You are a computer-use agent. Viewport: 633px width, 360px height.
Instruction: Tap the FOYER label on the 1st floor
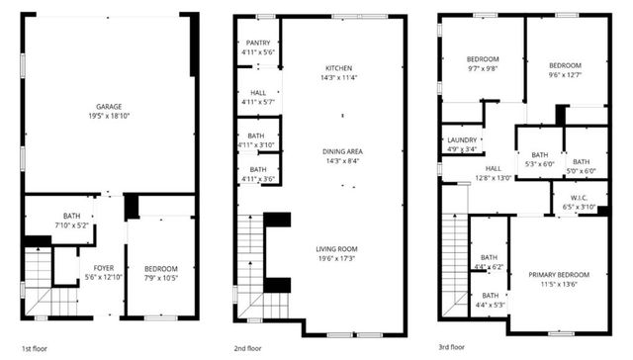click(104, 269)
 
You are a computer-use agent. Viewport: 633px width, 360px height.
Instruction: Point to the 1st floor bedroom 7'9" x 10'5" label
click(160, 269)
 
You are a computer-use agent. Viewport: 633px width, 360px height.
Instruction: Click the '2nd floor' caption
click(247, 348)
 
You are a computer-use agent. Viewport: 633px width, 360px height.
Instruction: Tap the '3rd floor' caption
click(453, 348)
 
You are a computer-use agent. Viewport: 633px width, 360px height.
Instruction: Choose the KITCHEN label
click(339, 68)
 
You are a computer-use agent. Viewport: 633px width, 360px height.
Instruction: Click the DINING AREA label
click(342, 151)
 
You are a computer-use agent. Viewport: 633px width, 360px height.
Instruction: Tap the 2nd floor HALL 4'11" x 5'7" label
click(257, 95)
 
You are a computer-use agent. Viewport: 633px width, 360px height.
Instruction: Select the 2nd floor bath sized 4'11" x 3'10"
click(257, 139)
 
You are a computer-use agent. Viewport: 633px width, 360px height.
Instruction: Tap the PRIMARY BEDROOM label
click(559, 275)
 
